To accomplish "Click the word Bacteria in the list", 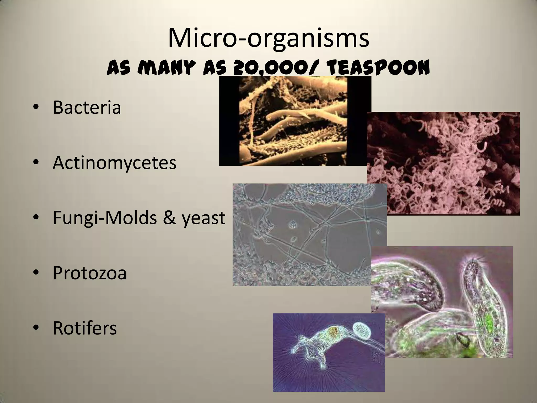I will pos(87,107).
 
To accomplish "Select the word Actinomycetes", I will pos(114,163).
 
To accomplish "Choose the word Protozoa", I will pos(90,273).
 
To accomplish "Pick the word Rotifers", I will pos(85,328).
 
